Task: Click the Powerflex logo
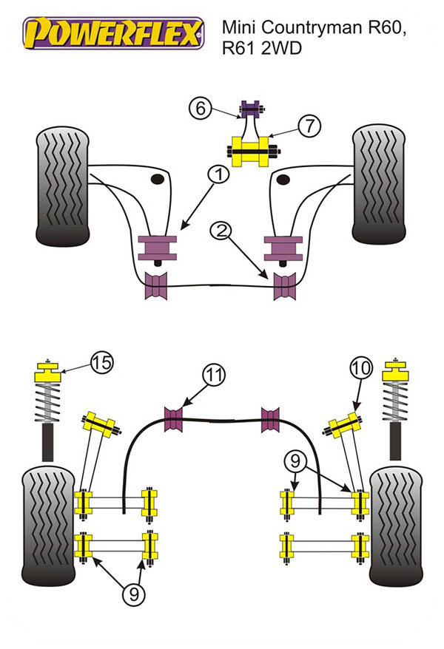pyautogui.click(x=113, y=34)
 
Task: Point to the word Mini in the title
pyautogui.click(x=240, y=29)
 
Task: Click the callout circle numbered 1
pyautogui.click(x=218, y=175)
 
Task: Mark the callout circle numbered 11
pyautogui.click(x=214, y=376)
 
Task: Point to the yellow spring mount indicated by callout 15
pyautogui.click(x=47, y=376)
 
